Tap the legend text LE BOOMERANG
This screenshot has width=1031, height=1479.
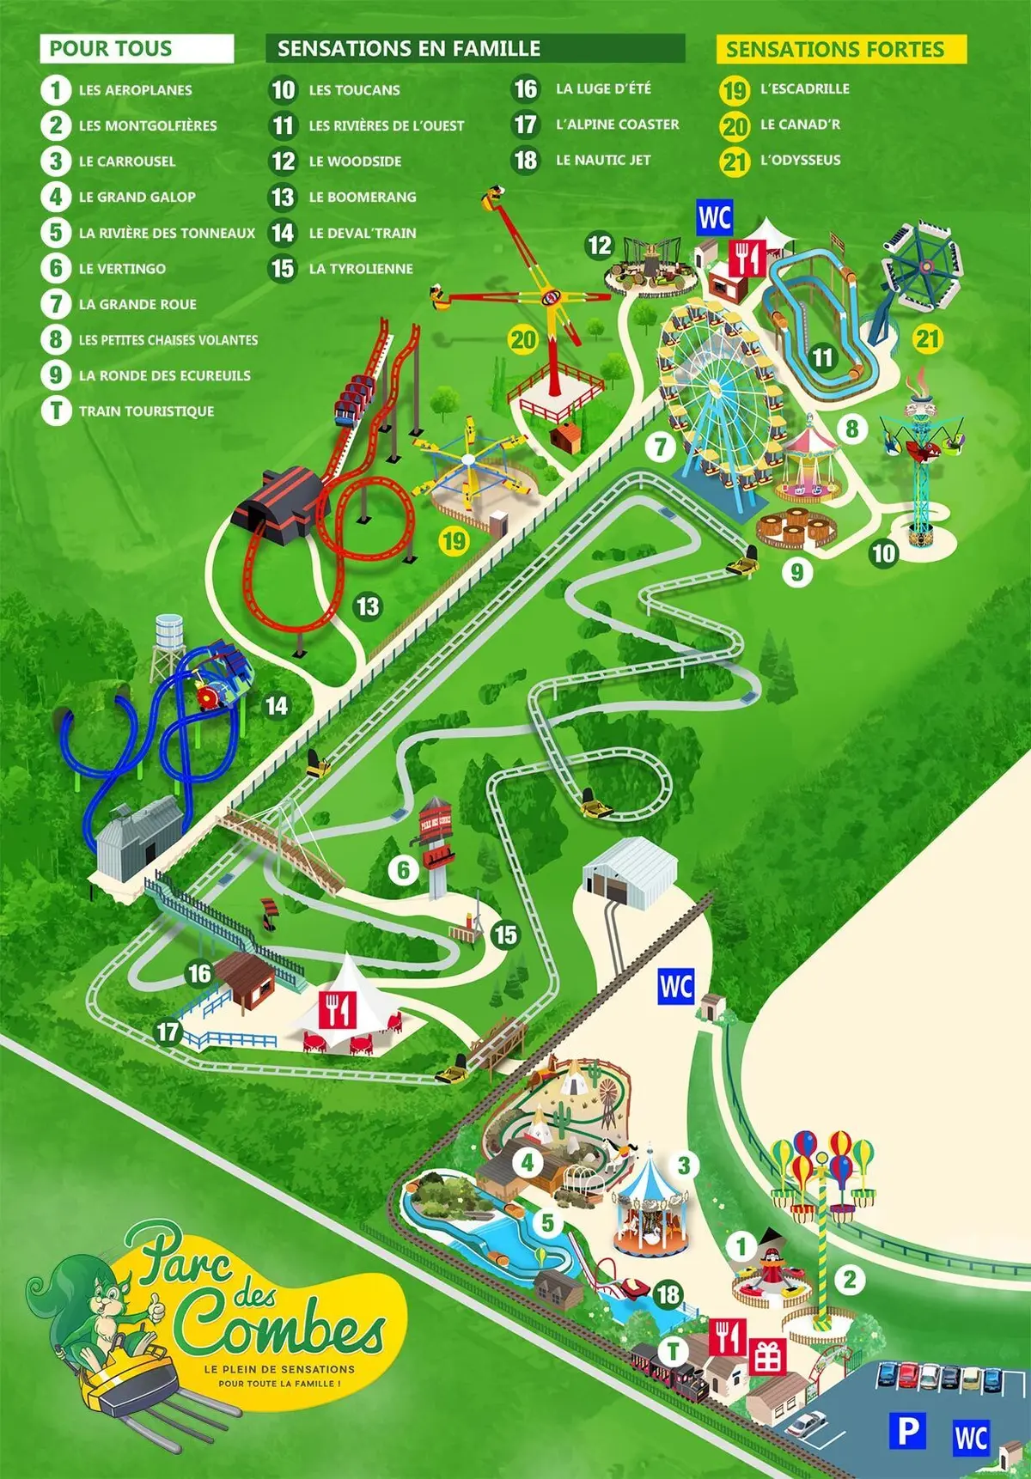click(x=362, y=197)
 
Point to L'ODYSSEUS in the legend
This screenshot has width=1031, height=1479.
click(x=800, y=160)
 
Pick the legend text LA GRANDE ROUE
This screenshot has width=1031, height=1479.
click(x=137, y=304)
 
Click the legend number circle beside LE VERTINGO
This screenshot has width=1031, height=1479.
click(x=56, y=268)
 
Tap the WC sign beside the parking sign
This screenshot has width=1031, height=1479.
click(x=971, y=1437)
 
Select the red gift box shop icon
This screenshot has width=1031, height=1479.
click(x=767, y=1356)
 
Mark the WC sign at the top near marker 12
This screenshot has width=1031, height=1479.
click(x=715, y=218)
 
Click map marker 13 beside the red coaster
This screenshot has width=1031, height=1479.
click(x=368, y=606)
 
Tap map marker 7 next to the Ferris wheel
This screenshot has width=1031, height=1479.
click(x=661, y=447)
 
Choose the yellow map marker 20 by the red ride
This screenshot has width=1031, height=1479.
click(x=523, y=340)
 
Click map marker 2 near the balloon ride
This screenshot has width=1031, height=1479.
click(x=850, y=1279)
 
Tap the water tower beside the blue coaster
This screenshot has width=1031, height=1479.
click(x=169, y=640)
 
